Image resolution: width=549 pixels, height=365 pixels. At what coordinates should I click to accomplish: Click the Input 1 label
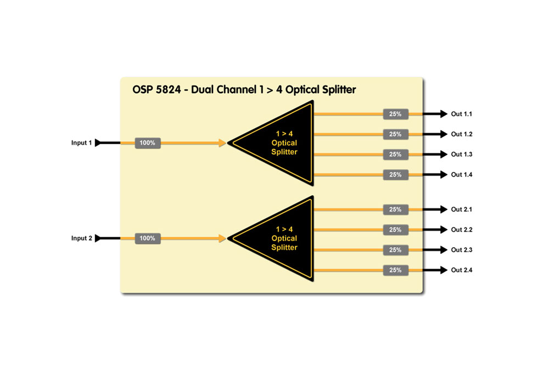click(81, 143)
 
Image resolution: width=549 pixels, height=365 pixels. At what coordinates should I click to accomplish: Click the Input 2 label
click(81, 238)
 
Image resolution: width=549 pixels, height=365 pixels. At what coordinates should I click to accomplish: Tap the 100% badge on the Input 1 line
click(148, 143)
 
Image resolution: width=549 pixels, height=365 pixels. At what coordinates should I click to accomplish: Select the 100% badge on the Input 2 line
click(148, 238)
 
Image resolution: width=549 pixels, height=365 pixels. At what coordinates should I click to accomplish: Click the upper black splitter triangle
click(280, 143)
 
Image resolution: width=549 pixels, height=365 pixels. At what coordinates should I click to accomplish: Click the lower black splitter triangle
click(280, 238)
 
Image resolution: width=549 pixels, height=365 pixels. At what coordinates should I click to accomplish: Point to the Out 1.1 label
click(462, 114)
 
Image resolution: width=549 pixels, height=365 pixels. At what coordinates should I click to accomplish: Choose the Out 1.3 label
click(462, 155)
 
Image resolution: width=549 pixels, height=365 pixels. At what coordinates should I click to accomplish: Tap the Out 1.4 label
click(462, 175)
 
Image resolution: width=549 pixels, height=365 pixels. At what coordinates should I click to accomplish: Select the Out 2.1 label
click(462, 209)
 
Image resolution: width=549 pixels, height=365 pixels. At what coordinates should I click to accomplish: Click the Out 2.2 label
click(462, 230)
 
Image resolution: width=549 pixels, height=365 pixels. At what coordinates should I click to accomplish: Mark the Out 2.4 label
click(462, 270)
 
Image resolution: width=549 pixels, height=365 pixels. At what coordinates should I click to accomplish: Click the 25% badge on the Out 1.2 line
click(395, 134)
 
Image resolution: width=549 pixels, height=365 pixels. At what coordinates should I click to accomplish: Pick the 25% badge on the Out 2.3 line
click(395, 250)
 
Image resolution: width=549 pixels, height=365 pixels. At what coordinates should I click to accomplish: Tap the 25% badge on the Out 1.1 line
click(395, 114)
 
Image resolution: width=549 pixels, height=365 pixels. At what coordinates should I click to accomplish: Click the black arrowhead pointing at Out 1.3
click(444, 155)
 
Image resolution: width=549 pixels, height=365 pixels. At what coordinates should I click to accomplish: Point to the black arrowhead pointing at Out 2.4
click(444, 270)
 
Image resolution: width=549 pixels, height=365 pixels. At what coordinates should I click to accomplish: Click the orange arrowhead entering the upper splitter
click(222, 143)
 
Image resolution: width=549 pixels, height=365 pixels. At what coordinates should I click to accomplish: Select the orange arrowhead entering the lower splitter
click(222, 238)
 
